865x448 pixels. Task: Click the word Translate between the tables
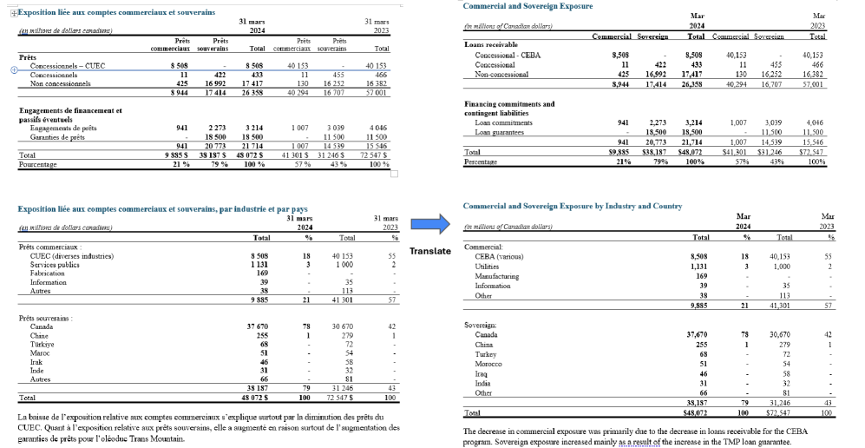[429, 251]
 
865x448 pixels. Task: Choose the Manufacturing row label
[497, 276]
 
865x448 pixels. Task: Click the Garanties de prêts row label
[58, 136]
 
